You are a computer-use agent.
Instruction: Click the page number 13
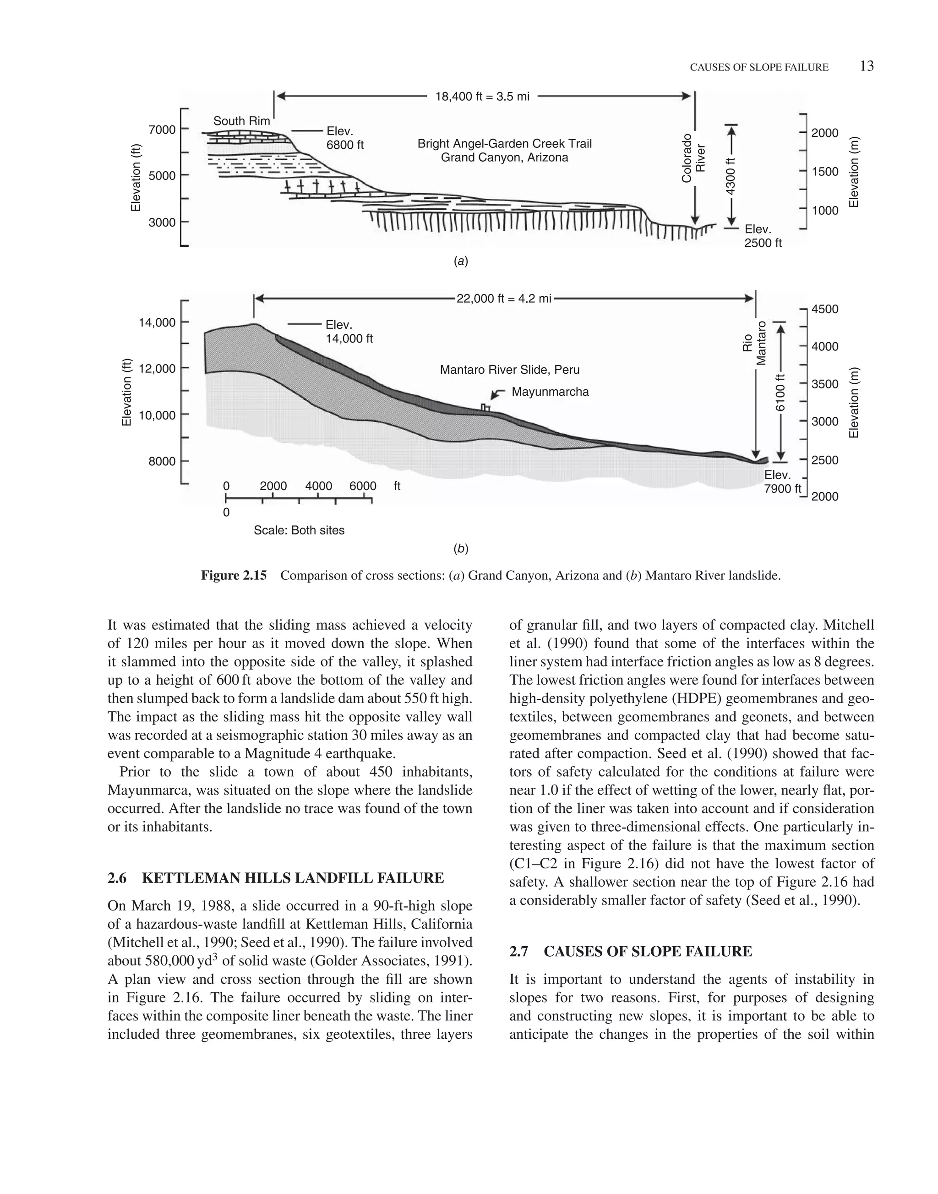[867, 66]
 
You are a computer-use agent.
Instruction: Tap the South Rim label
[242, 121]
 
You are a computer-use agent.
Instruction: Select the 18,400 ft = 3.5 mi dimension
[482, 97]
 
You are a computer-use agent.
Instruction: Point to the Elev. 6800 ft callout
[345, 138]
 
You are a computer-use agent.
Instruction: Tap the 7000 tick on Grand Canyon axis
[162, 130]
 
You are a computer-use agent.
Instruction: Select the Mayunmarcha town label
[550, 392]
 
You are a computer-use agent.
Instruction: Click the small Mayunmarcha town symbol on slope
[485, 407]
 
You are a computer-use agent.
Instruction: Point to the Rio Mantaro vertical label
[755, 343]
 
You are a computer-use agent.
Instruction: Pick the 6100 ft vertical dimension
[780, 392]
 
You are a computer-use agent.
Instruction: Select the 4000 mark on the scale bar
[318, 486]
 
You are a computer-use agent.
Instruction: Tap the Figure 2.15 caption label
[234, 576]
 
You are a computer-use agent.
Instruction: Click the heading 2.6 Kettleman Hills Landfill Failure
[276, 878]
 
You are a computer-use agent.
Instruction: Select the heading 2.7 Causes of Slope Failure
[631, 951]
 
